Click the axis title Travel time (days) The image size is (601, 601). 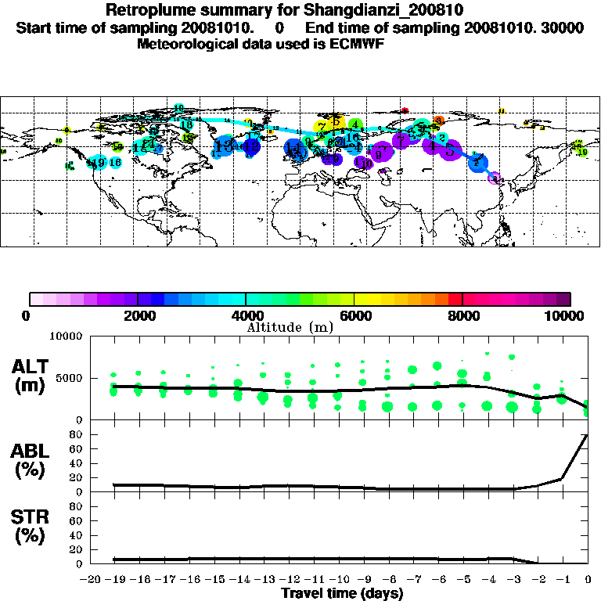[342, 593]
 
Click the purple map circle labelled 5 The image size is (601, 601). [449, 150]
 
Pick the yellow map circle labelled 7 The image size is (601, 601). [322, 126]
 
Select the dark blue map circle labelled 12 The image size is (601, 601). [251, 146]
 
